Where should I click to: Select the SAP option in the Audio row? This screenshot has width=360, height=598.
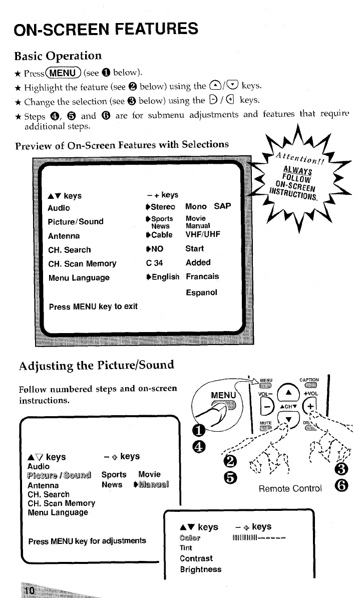(x=222, y=206)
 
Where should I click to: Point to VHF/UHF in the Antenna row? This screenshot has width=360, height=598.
(x=203, y=234)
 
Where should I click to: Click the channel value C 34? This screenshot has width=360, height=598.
(x=152, y=262)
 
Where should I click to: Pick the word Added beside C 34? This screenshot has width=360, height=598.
(x=198, y=262)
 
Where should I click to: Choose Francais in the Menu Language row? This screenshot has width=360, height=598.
(x=202, y=276)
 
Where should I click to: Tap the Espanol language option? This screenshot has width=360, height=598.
(x=201, y=292)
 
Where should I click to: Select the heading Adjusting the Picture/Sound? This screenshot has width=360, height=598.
(x=96, y=364)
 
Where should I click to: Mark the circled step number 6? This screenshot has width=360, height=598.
(x=349, y=485)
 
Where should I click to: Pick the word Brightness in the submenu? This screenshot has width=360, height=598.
(x=200, y=569)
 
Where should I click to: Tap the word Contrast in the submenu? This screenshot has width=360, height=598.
(x=196, y=558)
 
